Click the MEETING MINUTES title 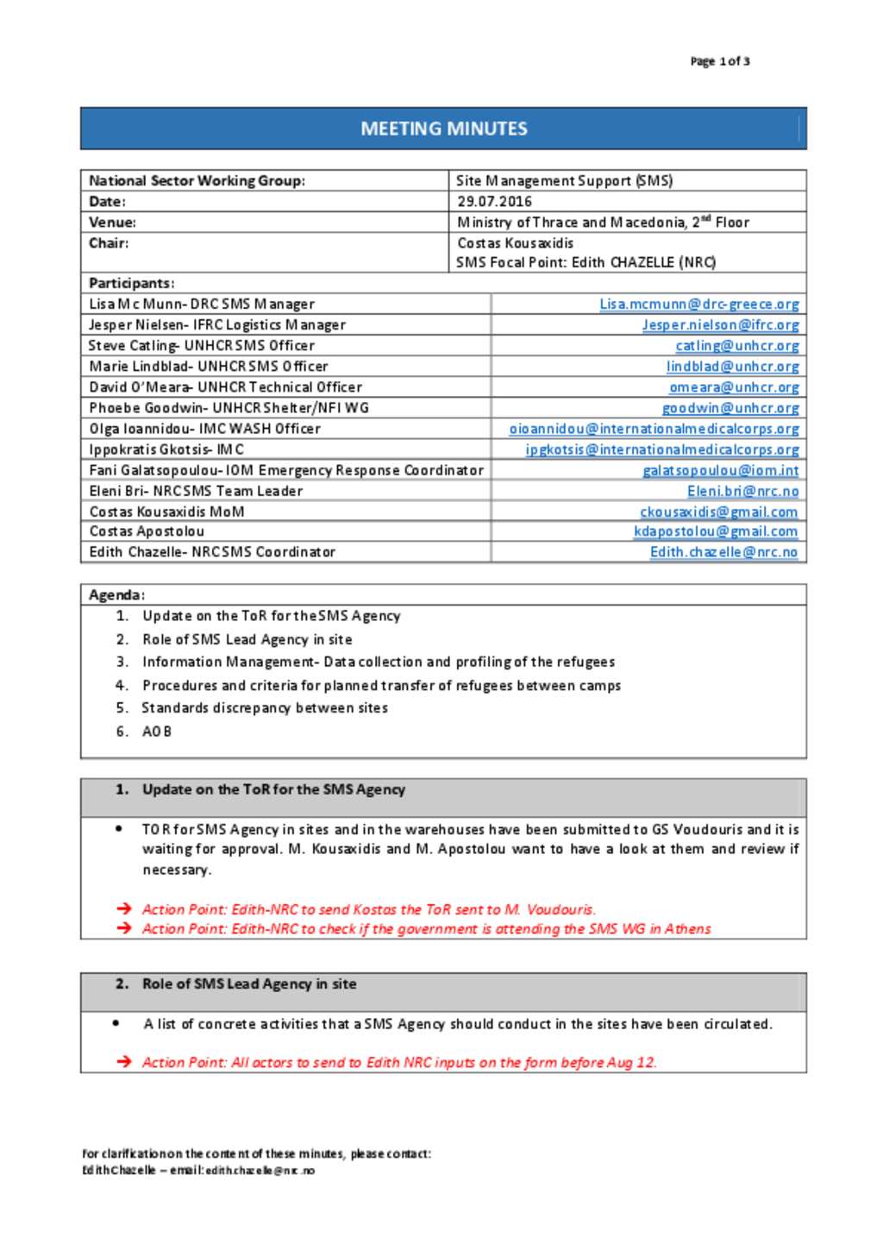(x=443, y=129)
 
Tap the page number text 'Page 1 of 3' (x=719, y=61)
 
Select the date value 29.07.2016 (x=494, y=201)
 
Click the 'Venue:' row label (x=112, y=222)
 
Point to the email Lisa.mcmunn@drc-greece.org (x=698, y=304)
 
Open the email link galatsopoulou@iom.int (x=720, y=470)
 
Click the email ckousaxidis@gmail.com (x=718, y=512)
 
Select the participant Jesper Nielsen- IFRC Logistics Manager (x=217, y=324)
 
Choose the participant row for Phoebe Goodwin (x=229, y=407)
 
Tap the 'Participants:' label (x=131, y=283)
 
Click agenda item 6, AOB (x=156, y=732)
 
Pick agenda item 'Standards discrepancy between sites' (x=265, y=708)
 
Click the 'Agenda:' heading (x=116, y=594)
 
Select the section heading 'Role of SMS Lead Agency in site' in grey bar (x=249, y=983)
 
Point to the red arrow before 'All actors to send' (x=124, y=1062)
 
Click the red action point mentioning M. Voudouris (x=368, y=909)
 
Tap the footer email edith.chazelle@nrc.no (x=260, y=1171)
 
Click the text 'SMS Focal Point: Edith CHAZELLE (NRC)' (x=586, y=262)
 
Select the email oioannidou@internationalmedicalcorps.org (x=654, y=429)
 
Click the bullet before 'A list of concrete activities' (x=116, y=1023)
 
